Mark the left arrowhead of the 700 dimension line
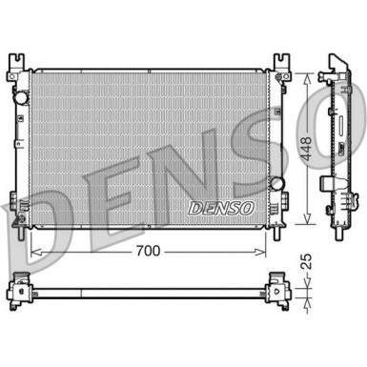click(x=34, y=252)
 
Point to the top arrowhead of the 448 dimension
click(x=306, y=73)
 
